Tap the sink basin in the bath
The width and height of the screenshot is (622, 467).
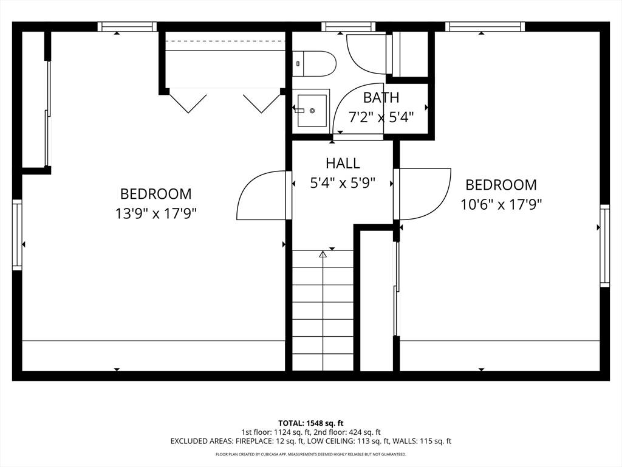[313, 111]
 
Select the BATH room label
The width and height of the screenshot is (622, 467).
[381, 97]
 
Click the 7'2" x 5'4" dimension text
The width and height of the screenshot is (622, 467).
[381, 117]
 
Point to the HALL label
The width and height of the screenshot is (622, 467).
[343, 163]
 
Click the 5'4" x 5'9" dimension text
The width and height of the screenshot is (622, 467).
[343, 182]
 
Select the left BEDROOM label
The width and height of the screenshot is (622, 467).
[155, 194]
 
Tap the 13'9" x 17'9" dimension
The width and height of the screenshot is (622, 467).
[155, 213]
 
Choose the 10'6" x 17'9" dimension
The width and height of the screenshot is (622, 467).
[501, 204]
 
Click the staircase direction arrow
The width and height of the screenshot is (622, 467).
[323, 255]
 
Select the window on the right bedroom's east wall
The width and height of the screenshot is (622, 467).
[604, 246]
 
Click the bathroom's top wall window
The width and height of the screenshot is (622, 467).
[348, 26]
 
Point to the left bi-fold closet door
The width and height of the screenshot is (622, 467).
[188, 102]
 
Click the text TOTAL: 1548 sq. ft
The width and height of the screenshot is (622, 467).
[311, 423]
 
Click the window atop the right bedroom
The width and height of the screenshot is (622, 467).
[484, 26]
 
